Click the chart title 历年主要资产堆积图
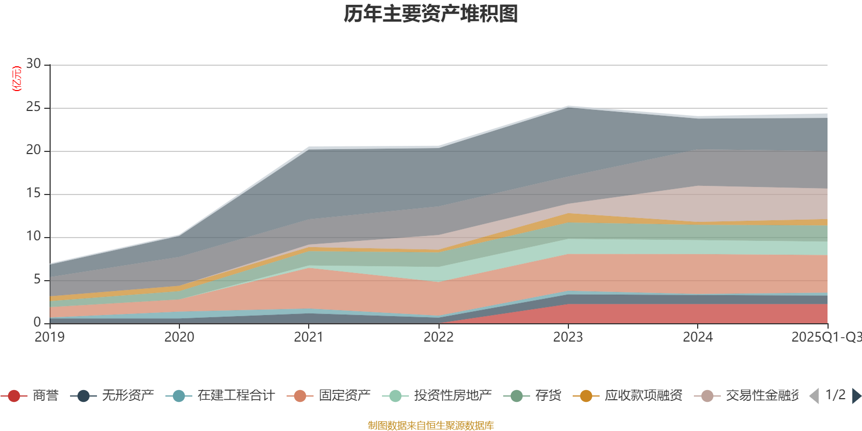click(431, 14)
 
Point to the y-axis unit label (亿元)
click(17, 79)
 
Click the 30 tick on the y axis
click(33, 64)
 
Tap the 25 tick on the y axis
click(33, 107)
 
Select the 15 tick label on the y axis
click(33, 193)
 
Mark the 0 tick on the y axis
click(37, 322)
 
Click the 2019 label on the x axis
click(50, 337)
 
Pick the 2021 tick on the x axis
click(308, 337)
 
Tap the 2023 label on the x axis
click(568, 337)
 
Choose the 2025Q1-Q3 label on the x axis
click(826, 337)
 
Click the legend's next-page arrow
click(856, 396)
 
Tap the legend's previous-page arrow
click(814, 396)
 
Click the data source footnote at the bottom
click(431, 426)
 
